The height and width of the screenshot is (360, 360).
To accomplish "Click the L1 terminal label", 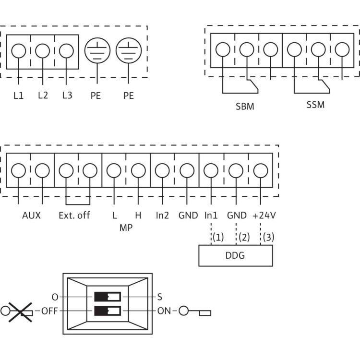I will point(18,96).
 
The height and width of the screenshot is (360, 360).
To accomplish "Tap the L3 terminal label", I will point(67,96).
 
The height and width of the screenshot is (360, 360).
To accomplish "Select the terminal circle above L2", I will point(42,50).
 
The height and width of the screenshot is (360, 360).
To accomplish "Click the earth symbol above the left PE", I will point(97,50).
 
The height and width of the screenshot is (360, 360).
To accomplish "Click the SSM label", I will point(315,104).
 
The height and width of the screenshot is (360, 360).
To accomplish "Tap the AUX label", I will point(31,216).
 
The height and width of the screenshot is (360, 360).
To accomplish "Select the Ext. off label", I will point(74,216).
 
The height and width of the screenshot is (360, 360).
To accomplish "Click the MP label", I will point(126,228).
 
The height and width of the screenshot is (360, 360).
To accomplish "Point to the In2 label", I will point(162,216).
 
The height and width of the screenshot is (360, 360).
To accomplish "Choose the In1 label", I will point(211,216).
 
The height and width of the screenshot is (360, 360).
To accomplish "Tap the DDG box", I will point(236,255).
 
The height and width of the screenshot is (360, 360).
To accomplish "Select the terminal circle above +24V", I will point(260,171).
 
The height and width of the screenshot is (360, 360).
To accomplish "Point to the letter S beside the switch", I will point(160,297).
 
